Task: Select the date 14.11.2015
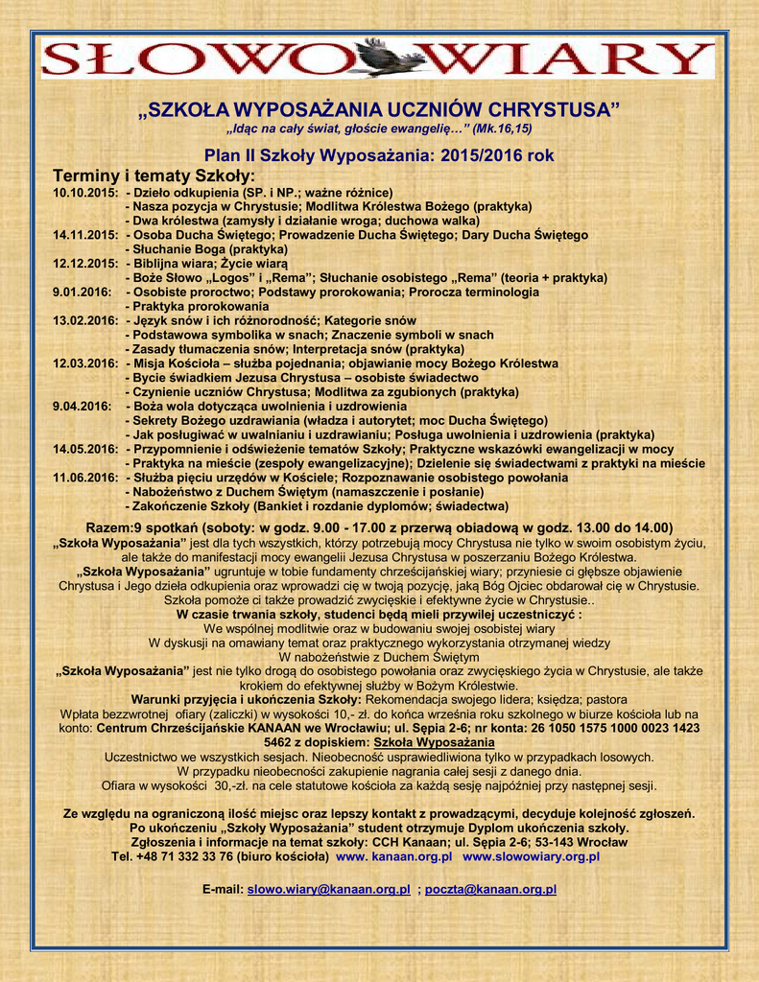coord(85,235)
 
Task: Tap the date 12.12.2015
coord(85,264)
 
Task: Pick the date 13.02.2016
coord(85,320)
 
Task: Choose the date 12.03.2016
coord(85,363)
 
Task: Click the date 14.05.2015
coord(85,449)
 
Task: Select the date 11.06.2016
coord(85,478)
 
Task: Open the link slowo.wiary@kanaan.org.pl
coord(329,890)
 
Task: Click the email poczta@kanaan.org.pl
coord(490,890)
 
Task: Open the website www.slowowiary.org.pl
coord(532,856)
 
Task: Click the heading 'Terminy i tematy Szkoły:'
coord(154,175)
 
